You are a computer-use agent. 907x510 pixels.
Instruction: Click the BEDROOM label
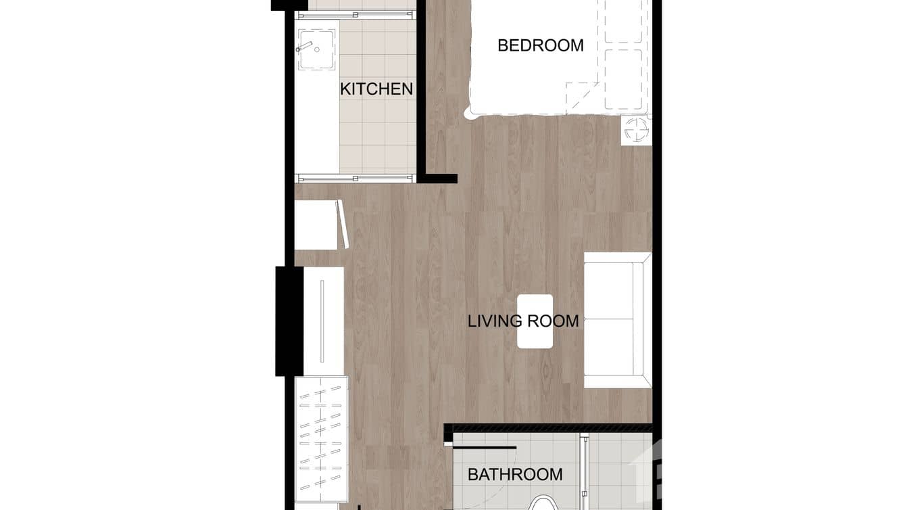[x=540, y=45]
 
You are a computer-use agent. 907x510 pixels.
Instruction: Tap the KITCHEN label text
[x=376, y=89]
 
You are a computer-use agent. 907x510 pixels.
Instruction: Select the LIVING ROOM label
[x=523, y=321]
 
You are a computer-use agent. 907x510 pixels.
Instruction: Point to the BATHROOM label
[x=515, y=474]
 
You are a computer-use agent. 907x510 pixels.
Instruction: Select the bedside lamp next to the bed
[x=636, y=129]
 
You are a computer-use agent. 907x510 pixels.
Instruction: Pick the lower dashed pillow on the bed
[x=622, y=79]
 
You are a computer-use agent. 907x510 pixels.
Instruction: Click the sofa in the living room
[x=617, y=320]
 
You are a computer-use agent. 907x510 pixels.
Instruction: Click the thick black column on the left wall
[x=289, y=321]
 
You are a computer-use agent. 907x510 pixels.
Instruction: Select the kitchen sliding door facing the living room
[x=356, y=179]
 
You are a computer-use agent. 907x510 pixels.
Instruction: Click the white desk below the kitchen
[x=316, y=225]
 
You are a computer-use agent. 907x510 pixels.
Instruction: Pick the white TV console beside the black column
[x=324, y=321]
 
